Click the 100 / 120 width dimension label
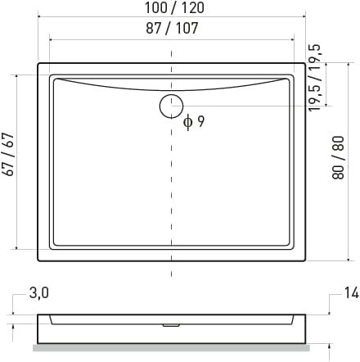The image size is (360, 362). [174, 7]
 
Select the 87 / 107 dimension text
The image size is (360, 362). [172, 28]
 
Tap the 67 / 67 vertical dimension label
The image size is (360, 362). [8, 155]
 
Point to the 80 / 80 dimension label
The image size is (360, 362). [338, 157]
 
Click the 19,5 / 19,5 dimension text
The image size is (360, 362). [315, 78]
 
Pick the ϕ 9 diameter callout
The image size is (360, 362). [194, 122]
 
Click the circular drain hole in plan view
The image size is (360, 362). [171, 106]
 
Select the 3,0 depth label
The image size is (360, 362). [39, 293]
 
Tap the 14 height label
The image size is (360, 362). [351, 293]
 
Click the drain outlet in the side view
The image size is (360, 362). [171, 325]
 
